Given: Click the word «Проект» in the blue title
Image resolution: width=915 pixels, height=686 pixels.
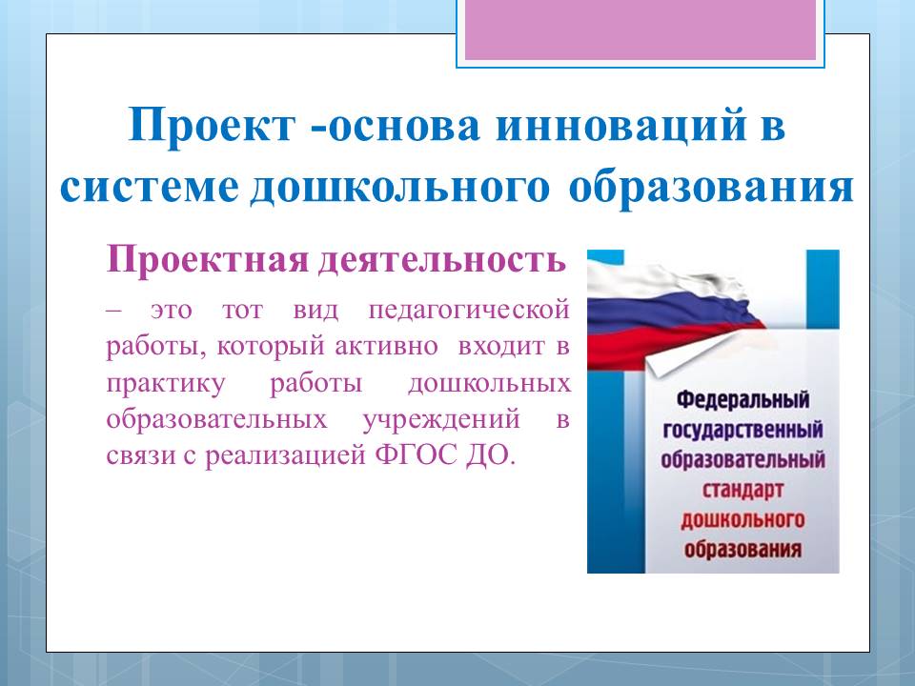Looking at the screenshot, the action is point(212,125).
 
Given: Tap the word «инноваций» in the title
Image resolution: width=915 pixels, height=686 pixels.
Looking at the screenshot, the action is point(621,125).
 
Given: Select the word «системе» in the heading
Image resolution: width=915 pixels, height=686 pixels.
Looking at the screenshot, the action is point(150,188).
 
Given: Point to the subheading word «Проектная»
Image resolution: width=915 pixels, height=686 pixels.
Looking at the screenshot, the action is point(207,259).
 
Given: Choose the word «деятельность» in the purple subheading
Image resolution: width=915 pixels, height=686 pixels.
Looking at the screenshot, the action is point(441,260).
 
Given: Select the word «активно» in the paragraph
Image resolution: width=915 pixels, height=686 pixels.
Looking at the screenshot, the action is point(386,347).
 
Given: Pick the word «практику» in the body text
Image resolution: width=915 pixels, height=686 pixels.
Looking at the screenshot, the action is point(166,384).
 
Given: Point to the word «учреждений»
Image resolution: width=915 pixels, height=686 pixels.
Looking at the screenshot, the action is point(441,420).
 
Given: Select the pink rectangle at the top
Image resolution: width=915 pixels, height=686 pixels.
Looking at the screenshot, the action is point(640,30).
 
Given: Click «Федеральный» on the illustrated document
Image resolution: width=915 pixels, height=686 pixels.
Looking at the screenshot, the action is point(742,399).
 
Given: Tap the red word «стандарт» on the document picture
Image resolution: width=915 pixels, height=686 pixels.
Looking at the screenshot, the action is point(742,490).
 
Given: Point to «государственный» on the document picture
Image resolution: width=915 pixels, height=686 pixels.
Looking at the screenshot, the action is point(742,430).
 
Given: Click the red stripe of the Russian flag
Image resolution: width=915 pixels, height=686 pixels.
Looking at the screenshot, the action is point(671,343).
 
